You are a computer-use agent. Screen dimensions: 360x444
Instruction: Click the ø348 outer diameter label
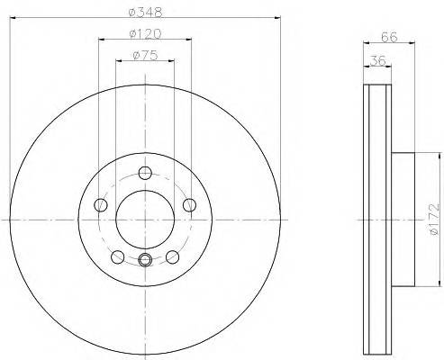(145, 13)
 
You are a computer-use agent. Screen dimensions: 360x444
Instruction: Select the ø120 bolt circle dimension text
(145, 35)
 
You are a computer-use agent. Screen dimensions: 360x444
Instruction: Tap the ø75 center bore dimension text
(145, 56)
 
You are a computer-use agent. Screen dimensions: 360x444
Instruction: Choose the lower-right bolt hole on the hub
(172, 256)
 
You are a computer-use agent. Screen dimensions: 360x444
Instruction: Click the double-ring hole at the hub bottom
(145, 260)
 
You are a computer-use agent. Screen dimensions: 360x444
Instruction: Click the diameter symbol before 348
(133, 13)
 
